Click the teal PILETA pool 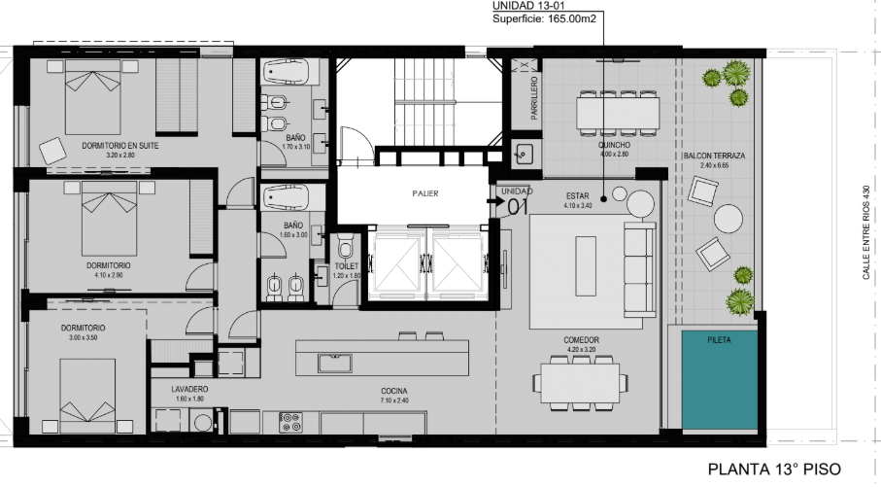pos(720,380)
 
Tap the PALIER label pos(425,193)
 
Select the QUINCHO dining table pos(618,114)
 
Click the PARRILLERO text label pos(534,98)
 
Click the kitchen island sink pos(335,364)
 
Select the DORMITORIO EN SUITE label pos(120,146)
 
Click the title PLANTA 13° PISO pos(774,469)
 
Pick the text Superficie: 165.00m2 pos(544,18)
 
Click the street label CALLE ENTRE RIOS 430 pos(865,232)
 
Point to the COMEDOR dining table pos(581,383)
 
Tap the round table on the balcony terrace pos(729,219)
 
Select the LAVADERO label pos(190,389)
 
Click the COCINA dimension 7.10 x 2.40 pos(393,400)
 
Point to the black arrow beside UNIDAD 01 pos(495,199)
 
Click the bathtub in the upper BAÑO pos(286,72)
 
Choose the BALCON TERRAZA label pos(714,156)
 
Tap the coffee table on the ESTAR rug pos(586,266)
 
